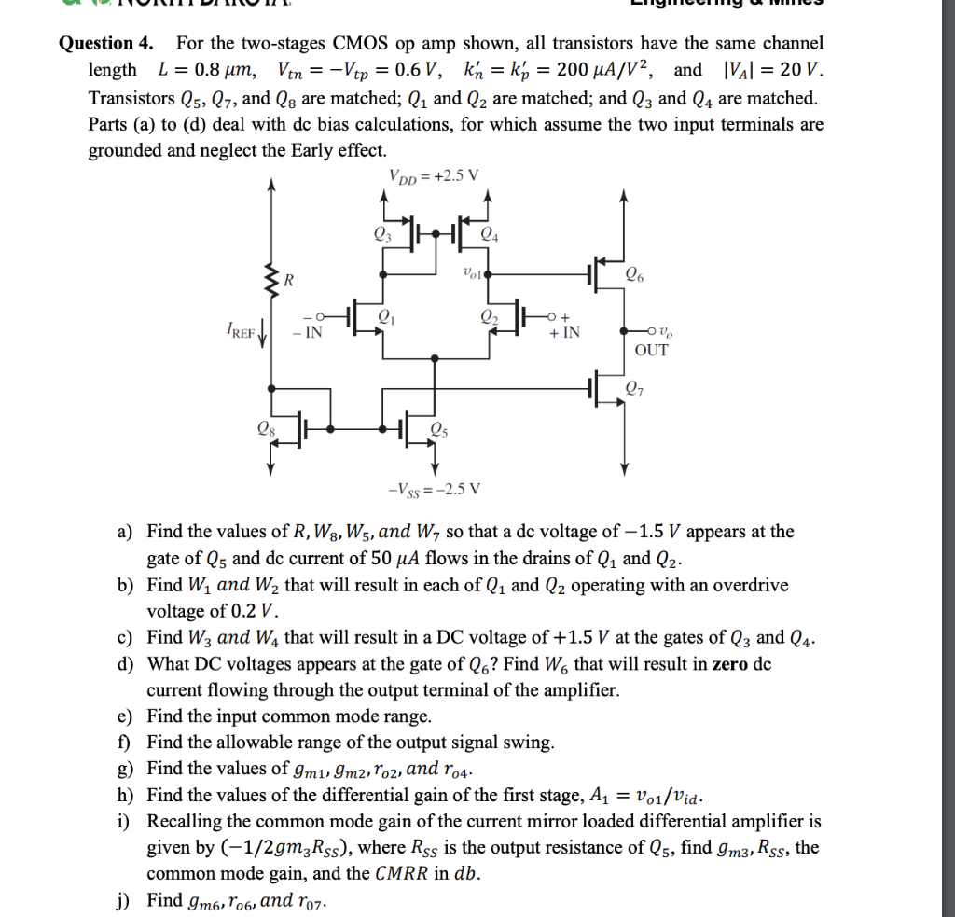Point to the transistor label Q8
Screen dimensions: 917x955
tap(266, 429)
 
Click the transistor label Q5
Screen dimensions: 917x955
tap(439, 429)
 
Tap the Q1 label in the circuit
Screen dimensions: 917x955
tap(382, 316)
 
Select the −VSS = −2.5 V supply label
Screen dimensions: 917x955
tap(435, 489)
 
